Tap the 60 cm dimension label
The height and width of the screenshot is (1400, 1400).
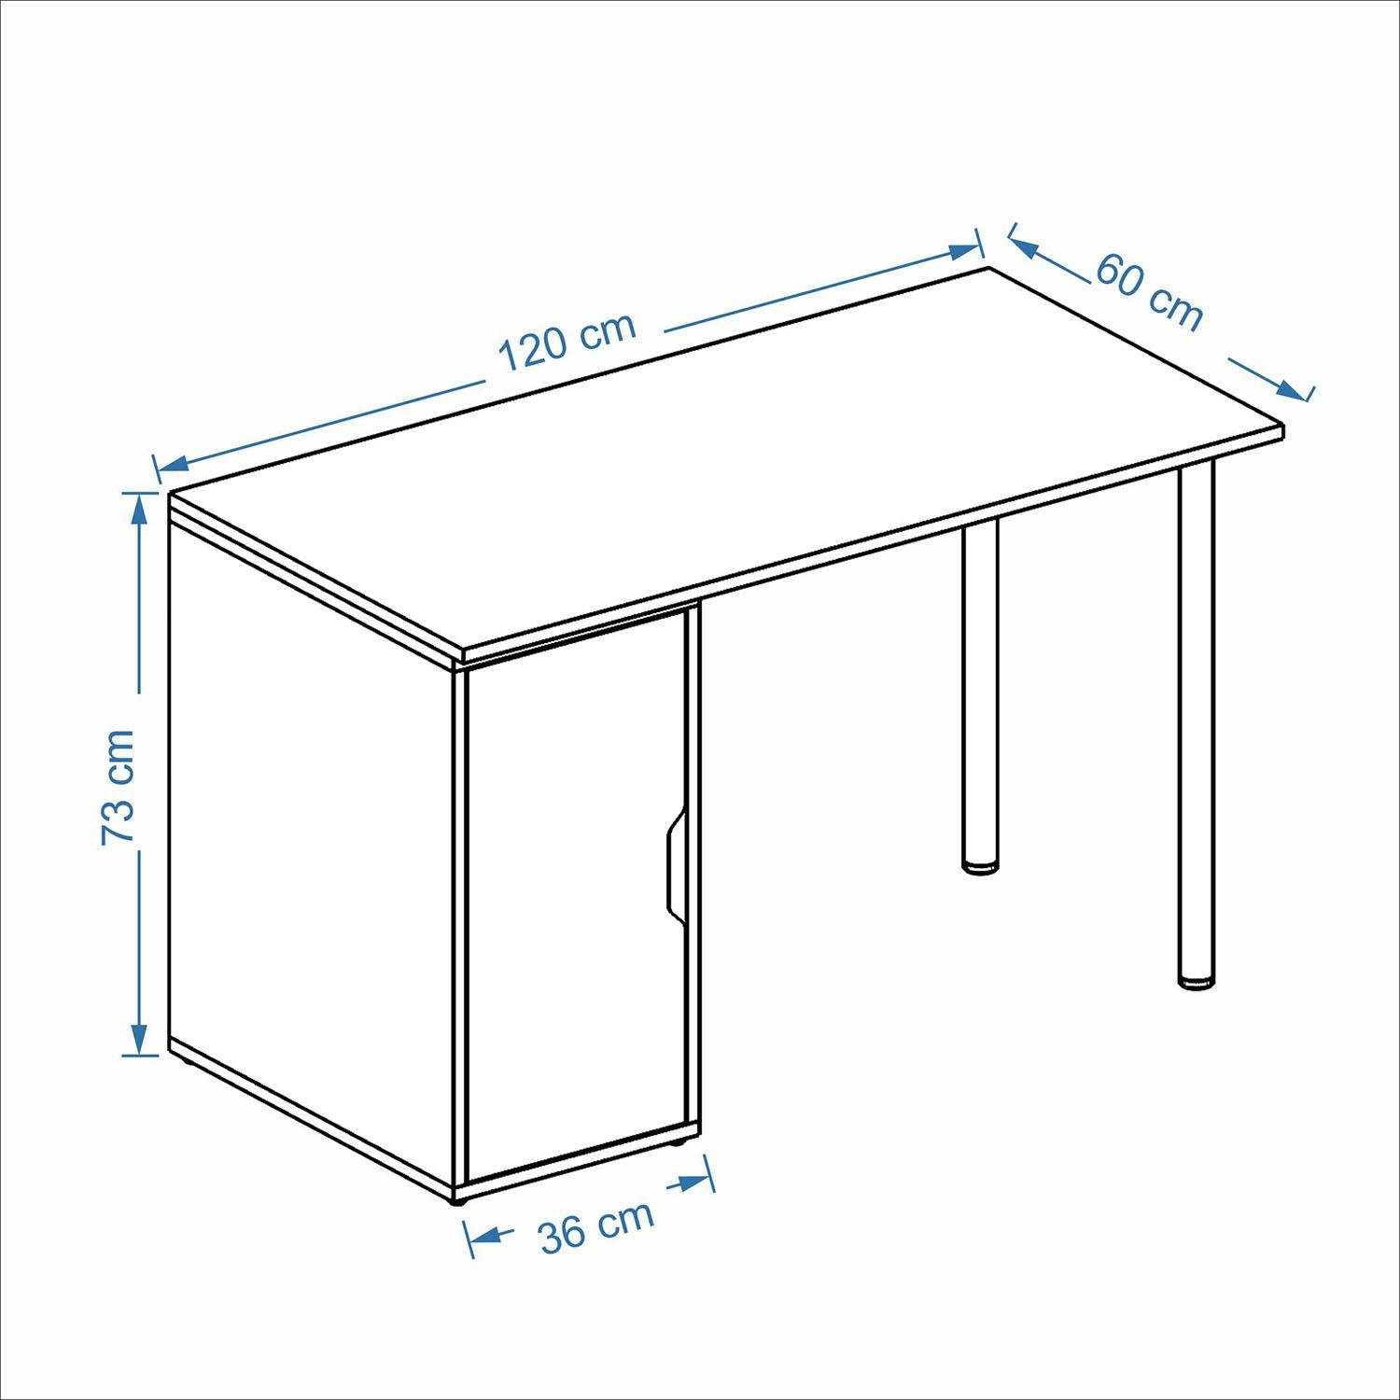coord(1149,290)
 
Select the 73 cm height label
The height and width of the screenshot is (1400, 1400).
coord(119,787)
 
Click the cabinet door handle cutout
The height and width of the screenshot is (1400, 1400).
coord(675,862)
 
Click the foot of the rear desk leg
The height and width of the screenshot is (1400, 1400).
coord(980,867)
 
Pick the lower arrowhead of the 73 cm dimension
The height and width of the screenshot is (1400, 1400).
coord(139,1038)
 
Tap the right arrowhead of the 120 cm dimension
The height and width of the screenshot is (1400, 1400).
coord(962,251)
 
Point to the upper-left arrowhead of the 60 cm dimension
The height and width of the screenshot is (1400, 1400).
coord(1026,245)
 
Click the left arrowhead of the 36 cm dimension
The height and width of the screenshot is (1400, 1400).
coord(483,1238)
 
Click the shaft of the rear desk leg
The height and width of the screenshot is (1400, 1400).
coord(980,691)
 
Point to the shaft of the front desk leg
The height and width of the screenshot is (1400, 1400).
coord(1197,719)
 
